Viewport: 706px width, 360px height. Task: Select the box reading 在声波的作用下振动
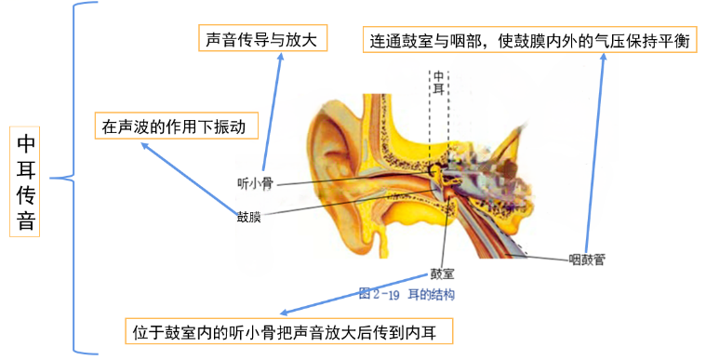coord(175,127)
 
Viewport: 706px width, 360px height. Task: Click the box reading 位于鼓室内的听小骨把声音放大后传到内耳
coord(288,331)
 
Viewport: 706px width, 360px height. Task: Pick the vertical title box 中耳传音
coord(26,181)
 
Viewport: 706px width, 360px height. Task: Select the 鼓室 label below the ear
coord(441,275)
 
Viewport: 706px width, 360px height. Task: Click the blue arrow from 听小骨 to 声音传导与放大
coord(272,112)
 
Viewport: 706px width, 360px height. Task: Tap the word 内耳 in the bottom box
coord(435,331)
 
